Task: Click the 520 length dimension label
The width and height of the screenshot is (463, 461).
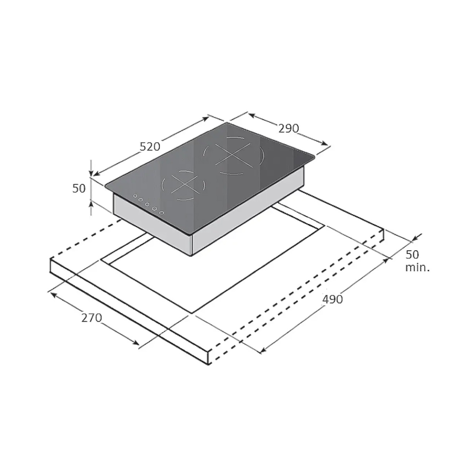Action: pyautogui.click(x=150, y=147)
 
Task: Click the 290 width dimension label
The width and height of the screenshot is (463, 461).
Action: pyautogui.click(x=288, y=129)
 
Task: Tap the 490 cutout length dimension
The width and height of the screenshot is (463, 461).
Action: pyautogui.click(x=332, y=299)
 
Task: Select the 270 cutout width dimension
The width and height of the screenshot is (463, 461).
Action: pyautogui.click(x=92, y=318)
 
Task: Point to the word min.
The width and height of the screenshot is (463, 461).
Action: pyautogui.click(x=417, y=268)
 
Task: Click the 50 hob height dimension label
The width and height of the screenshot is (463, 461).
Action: pyautogui.click(x=79, y=189)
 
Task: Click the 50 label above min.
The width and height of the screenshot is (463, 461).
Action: pyautogui.click(x=412, y=254)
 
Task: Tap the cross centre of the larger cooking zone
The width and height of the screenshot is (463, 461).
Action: pyautogui.click(x=233, y=155)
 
